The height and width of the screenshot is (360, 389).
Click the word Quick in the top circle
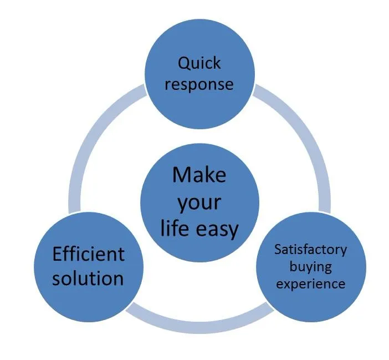click(199, 63)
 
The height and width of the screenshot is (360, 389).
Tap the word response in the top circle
click(199, 84)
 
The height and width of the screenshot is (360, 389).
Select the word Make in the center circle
click(199, 174)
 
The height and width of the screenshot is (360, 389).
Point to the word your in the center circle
click(199, 202)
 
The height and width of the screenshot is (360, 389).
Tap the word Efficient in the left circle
click(88, 255)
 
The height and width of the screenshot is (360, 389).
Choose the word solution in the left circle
click(88, 277)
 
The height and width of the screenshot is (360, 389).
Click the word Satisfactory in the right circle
click(310, 249)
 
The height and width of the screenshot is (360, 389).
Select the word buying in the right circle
click(310, 266)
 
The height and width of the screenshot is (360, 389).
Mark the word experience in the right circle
click(310, 284)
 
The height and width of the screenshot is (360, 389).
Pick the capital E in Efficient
click(57, 255)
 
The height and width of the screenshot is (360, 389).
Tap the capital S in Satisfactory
click(278, 249)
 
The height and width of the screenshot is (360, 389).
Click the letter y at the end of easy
click(234, 230)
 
